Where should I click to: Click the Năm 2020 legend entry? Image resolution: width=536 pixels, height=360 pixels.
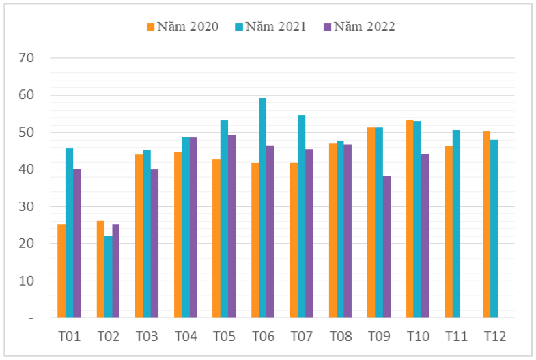pyautogui.click(x=182, y=27)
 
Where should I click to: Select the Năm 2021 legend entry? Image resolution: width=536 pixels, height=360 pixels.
pyautogui.click(x=270, y=27)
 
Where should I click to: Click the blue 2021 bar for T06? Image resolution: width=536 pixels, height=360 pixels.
pyautogui.click(x=263, y=208)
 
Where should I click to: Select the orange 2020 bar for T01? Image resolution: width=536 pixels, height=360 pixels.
pyautogui.click(x=61, y=271)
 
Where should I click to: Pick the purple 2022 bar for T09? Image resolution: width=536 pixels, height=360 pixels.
pyautogui.click(x=386, y=247)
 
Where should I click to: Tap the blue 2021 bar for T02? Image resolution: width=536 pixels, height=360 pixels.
pyautogui.click(x=108, y=277)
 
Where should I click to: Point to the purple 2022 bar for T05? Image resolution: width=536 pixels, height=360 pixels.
pyautogui.click(x=231, y=226)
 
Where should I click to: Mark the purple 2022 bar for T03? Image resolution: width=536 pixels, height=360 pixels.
pyautogui.click(x=154, y=243)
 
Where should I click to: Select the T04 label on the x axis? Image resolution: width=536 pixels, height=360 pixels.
pyautogui.click(x=186, y=336)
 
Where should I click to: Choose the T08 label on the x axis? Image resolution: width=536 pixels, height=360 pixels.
pyautogui.click(x=340, y=336)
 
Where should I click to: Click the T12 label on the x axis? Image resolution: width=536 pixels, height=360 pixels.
pyautogui.click(x=495, y=336)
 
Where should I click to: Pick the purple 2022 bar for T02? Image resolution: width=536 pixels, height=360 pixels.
pyautogui.click(x=116, y=271)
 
